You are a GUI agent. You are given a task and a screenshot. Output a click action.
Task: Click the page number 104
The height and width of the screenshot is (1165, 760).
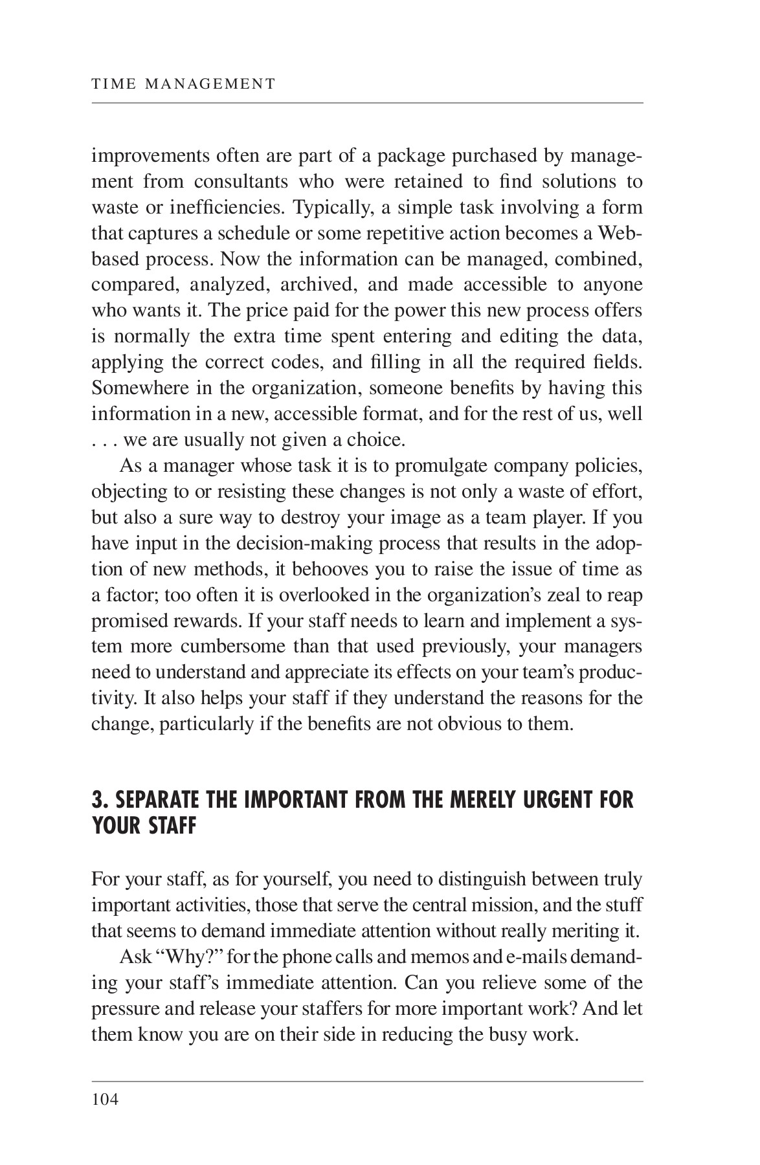105,1099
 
